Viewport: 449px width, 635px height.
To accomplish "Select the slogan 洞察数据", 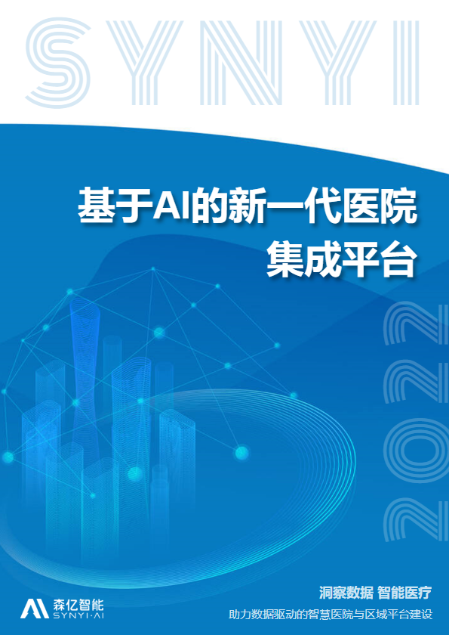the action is (346, 593).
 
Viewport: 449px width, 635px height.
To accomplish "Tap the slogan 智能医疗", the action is (404, 593).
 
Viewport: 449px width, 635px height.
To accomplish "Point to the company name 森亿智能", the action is (78, 604).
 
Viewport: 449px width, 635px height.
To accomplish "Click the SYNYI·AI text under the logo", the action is (78, 616).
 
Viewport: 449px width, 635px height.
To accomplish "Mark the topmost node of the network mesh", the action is (152, 268).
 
